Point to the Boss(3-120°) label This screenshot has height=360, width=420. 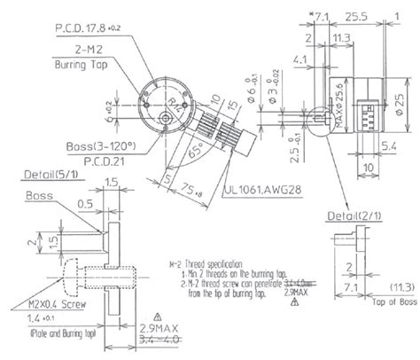tap(91, 146)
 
